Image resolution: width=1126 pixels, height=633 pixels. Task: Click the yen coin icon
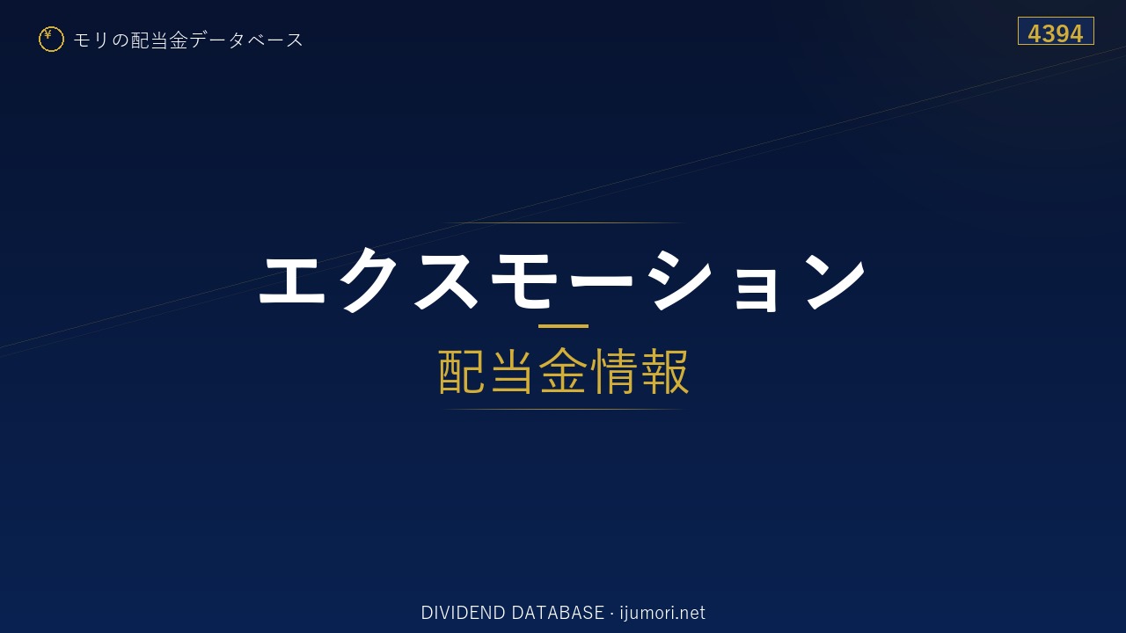click(x=51, y=40)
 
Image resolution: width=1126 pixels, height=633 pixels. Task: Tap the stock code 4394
click(x=1055, y=33)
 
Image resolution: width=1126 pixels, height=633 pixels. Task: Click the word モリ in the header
click(x=91, y=40)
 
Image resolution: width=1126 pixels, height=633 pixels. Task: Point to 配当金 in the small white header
click(x=159, y=40)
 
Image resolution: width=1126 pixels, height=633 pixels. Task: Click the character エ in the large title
click(x=292, y=280)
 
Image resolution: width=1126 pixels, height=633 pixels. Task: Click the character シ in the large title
click(x=680, y=280)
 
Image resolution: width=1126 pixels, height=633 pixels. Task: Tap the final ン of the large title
click(x=836, y=280)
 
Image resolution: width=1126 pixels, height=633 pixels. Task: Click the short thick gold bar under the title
click(x=563, y=326)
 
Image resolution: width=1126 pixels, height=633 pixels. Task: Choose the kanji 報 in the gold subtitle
click(x=664, y=371)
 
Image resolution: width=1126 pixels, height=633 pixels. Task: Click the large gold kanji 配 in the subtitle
click(x=462, y=371)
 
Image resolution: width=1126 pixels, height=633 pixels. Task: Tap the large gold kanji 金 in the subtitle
click(x=562, y=371)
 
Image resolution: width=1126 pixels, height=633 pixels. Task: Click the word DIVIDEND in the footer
click(x=463, y=613)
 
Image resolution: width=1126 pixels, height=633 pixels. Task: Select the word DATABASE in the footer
click(x=558, y=613)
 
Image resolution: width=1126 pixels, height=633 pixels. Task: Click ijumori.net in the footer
click(x=662, y=613)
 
